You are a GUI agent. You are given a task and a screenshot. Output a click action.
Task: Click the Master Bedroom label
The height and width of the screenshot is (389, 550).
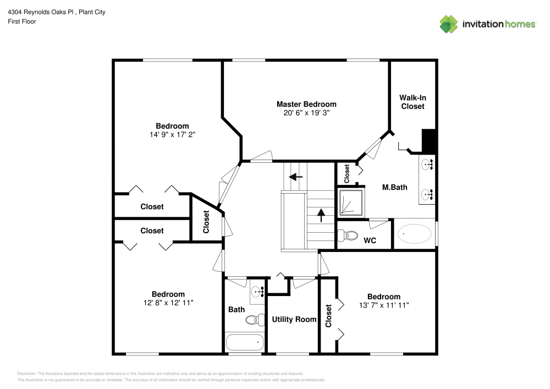(x=306, y=104)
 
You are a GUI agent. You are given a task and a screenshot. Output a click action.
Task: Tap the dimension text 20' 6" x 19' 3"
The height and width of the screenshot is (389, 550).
(x=306, y=113)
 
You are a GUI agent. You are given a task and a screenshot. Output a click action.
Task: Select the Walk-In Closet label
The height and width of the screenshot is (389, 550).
(x=413, y=102)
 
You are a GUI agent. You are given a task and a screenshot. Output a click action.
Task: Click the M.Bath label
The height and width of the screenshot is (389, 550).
(x=395, y=188)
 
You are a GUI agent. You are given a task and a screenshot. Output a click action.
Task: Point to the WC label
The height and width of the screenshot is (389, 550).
(x=370, y=240)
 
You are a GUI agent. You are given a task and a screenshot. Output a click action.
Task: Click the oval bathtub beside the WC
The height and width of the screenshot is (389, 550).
(x=415, y=234)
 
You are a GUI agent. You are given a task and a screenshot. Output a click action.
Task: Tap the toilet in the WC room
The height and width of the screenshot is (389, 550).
(x=346, y=235)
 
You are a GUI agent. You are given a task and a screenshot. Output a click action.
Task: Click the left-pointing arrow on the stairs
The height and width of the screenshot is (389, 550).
(x=296, y=177)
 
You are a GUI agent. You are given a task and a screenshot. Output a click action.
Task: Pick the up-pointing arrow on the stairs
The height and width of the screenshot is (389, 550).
(x=321, y=214)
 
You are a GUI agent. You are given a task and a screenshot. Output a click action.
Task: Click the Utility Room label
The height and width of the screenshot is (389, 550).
(x=294, y=320)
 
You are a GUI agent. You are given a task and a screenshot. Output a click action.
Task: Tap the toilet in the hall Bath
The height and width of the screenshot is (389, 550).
(x=253, y=320)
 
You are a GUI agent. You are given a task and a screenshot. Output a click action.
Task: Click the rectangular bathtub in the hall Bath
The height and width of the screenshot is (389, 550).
(x=244, y=342)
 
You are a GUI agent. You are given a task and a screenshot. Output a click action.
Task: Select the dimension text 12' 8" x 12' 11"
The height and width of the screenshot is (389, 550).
(x=168, y=303)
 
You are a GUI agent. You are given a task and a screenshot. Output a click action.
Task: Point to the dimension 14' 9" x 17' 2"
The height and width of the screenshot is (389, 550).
(x=172, y=135)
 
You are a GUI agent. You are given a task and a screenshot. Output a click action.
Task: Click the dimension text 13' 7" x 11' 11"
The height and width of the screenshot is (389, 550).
(x=384, y=305)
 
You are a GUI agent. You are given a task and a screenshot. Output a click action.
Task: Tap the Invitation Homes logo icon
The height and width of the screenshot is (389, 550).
(x=449, y=24)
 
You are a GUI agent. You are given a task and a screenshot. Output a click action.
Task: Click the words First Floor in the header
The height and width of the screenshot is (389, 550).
(x=22, y=21)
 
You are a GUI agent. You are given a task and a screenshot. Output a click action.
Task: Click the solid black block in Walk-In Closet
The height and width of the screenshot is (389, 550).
(x=429, y=141)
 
